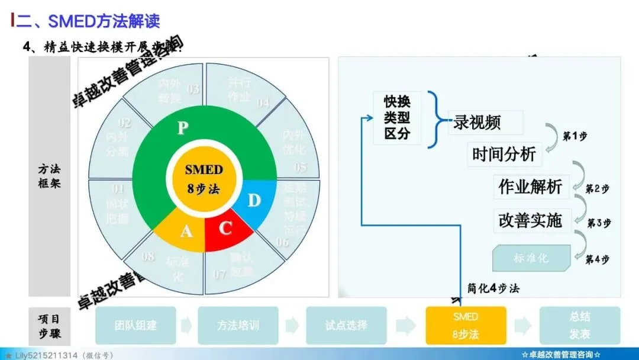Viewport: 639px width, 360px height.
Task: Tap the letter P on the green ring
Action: (x=183, y=128)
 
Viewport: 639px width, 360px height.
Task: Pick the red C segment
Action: (x=225, y=229)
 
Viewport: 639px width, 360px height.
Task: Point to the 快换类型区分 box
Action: (x=397, y=118)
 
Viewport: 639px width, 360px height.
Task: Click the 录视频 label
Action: (x=477, y=123)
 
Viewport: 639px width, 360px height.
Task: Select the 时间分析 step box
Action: (x=504, y=155)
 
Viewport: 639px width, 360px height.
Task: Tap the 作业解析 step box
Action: (x=530, y=187)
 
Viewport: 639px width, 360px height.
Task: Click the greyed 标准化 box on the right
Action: (x=531, y=258)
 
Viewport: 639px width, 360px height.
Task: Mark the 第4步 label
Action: (x=597, y=259)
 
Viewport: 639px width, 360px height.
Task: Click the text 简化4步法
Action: (x=493, y=289)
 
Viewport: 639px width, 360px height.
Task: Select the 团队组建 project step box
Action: (x=135, y=325)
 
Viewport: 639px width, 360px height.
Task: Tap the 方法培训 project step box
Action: (x=237, y=325)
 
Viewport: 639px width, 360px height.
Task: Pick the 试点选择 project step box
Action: (x=346, y=325)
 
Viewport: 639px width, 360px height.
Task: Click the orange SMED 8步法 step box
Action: (x=465, y=325)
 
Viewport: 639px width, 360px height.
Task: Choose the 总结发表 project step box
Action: (x=579, y=325)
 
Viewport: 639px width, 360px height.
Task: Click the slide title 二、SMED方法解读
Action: (x=88, y=21)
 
